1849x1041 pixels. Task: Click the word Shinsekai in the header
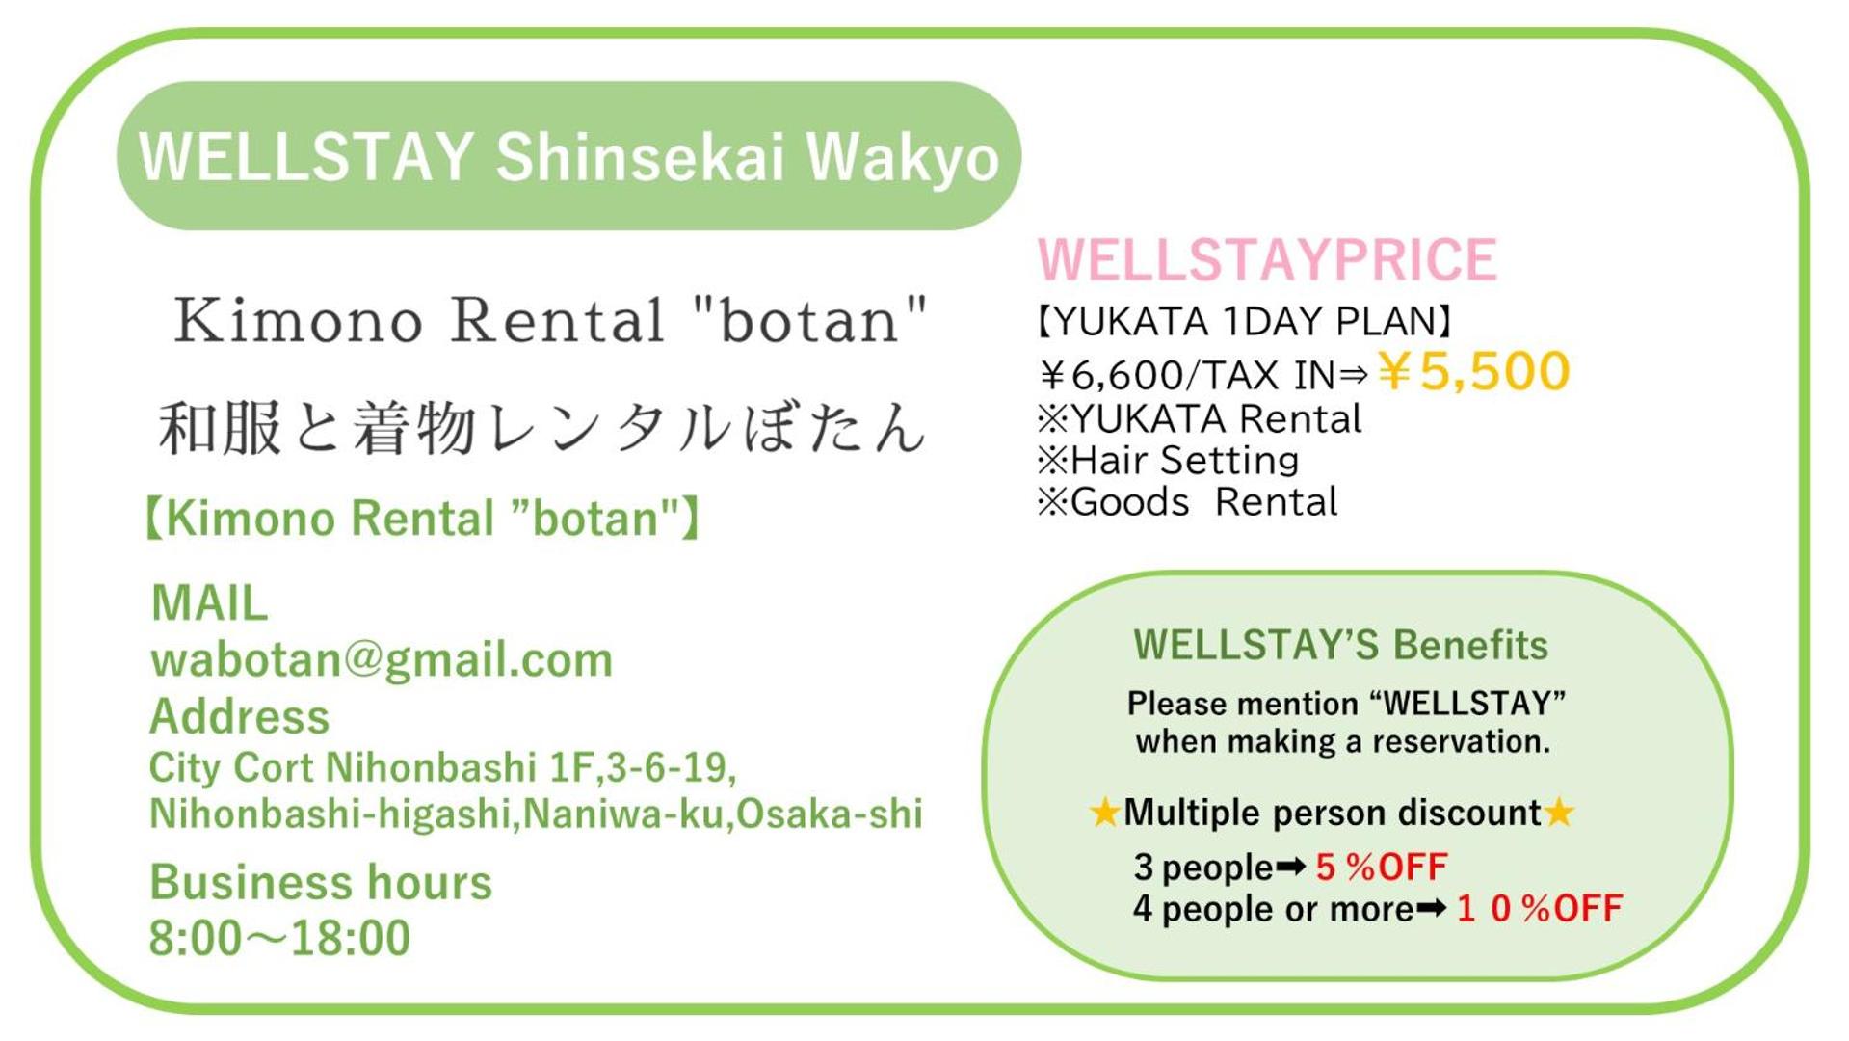pos(640,157)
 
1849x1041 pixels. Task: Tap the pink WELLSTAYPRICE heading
pos(1267,259)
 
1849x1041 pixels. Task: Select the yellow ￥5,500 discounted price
pos(1473,371)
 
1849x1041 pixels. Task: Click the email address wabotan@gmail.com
pos(382,660)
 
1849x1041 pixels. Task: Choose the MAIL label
pos(209,603)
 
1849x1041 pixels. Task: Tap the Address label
pos(240,717)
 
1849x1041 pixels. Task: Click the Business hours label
pos(321,883)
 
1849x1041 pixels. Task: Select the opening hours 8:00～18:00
pos(279,938)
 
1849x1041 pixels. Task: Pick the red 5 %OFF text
pos(1381,867)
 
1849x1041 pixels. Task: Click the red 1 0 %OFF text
pos(1539,909)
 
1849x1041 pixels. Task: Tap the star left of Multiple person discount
pos(1104,813)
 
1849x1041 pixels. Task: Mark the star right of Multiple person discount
pos(1559,813)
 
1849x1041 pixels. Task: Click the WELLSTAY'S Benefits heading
pos(1340,645)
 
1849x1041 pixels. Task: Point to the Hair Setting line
pos(1168,461)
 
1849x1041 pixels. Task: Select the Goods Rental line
pos(1187,502)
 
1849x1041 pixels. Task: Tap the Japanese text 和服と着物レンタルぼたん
pos(541,427)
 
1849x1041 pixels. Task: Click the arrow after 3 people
pos(1291,867)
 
